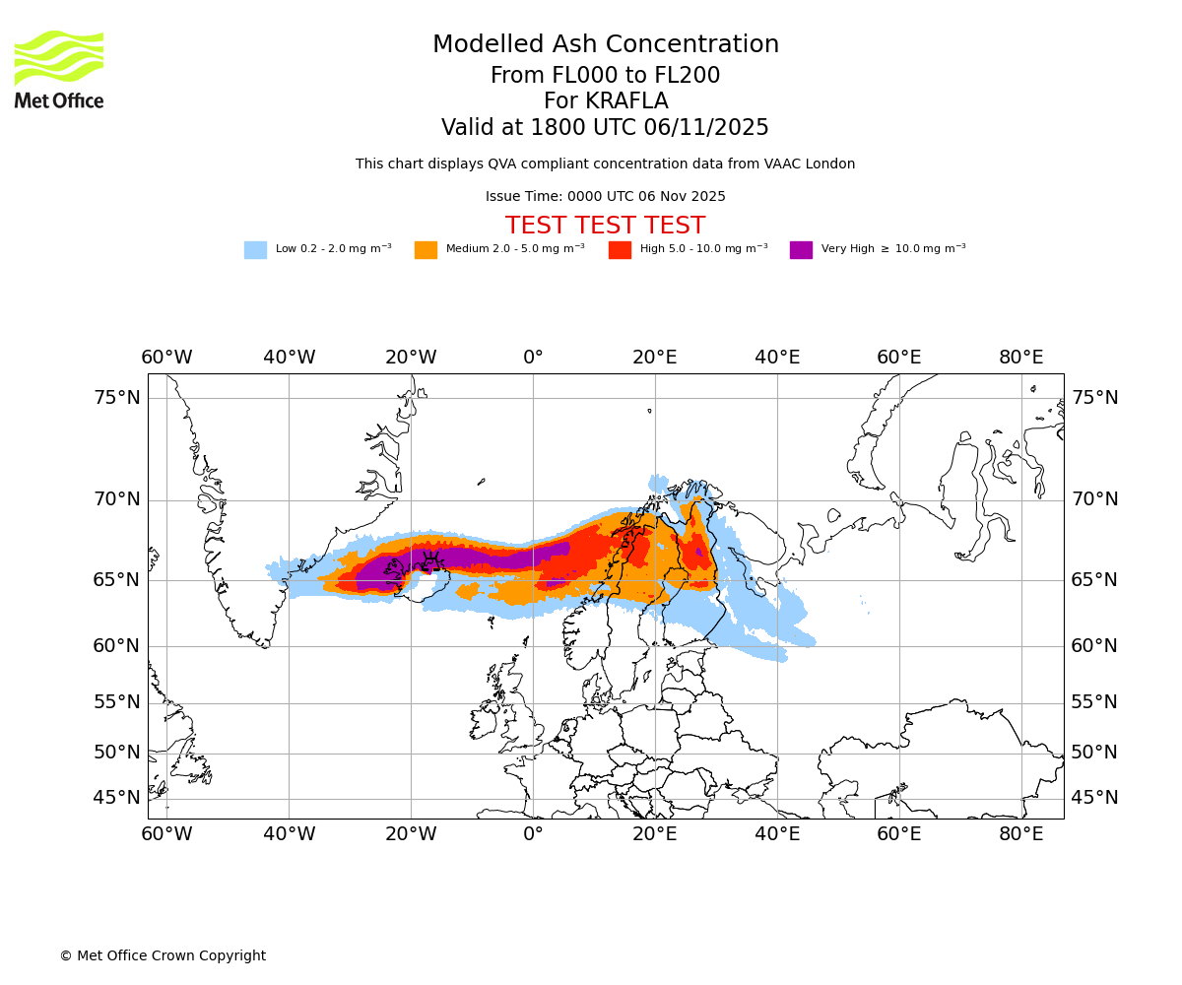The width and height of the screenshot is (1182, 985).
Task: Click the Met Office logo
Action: [x=59, y=70]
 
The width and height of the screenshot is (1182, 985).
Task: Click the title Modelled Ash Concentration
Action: [x=605, y=45]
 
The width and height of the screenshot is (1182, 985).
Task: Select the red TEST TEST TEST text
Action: [x=605, y=227]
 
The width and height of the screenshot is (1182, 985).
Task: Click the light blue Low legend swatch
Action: [x=255, y=250]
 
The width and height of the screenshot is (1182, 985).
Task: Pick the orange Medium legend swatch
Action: [x=426, y=250]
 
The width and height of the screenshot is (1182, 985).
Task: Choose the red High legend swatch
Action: [x=620, y=250]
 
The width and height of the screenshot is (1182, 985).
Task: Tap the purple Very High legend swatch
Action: [x=801, y=250]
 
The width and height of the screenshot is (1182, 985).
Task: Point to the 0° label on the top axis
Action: [x=533, y=358]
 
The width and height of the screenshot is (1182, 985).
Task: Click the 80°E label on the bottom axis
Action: [x=1020, y=834]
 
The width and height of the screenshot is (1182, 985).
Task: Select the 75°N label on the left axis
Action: [x=117, y=398]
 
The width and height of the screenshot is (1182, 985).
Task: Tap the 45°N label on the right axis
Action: [x=1094, y=798]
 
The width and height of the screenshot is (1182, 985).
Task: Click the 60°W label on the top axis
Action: [x=166, y=358]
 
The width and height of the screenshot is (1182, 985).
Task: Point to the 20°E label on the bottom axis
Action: [x=655, y=834]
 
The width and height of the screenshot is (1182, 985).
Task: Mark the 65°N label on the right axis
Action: [x=1094, y=580]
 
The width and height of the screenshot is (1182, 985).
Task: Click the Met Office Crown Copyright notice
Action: [x=163, y=956]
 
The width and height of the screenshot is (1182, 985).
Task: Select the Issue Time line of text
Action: [x=605, y=197]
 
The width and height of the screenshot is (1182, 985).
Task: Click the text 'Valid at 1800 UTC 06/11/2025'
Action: [x=605, y=128]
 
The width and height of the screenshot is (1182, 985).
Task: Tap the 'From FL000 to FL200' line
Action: [x=605, y=76]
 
